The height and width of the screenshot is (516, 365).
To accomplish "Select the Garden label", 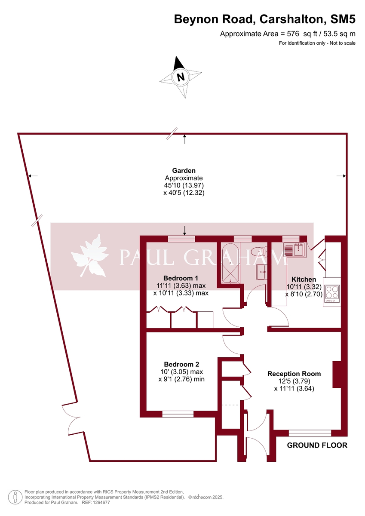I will [184, 171].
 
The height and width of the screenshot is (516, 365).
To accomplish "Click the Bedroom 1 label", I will [181, 278].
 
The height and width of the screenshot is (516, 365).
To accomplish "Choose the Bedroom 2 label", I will [181, 364].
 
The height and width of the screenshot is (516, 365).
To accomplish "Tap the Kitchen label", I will [304, 279].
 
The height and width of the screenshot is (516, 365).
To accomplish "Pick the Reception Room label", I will [294, 374].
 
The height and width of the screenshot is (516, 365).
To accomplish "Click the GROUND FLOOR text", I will [317, 445].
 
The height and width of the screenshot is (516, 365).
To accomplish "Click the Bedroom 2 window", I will [178, 414].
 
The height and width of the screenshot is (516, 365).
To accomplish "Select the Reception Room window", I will [310, 433].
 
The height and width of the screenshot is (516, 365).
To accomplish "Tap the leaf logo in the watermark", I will [89, 257].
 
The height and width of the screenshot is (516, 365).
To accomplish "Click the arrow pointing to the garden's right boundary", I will [341, 176].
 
